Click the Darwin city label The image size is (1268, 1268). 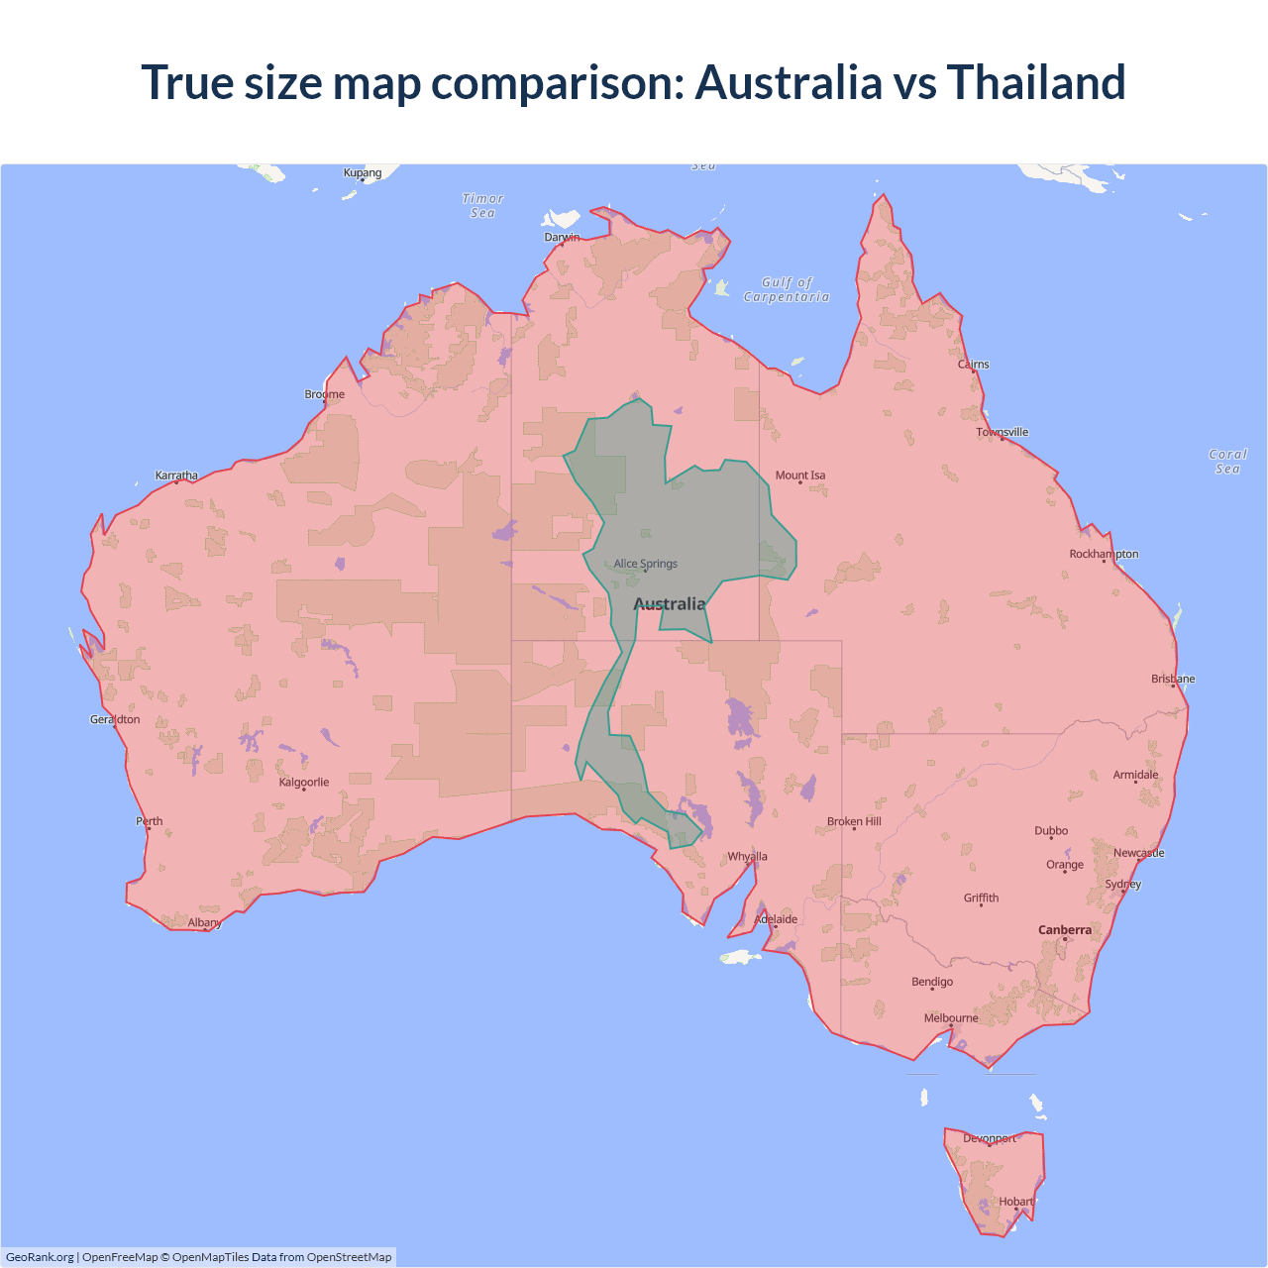[x=562, y=237]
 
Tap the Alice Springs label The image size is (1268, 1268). [x=646, y=564]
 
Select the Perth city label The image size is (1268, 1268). [x=150, y=821]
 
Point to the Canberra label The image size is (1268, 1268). [x=1065, y=930]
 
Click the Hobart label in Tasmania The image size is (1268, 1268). [x=1015, y=1202]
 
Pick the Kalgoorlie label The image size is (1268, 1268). [x=304, y=783]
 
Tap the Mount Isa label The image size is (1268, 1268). [x=800, y=475]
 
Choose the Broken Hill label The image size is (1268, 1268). [x=854, y=821]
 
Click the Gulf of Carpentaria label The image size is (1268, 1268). [x=787, y=289]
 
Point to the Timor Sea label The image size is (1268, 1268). [x=483, y=206]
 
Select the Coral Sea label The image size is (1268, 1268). [x=1227, y=462]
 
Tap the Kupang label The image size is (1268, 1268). [x=363, y=173]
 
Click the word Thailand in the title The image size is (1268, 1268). [x=1036, y=82]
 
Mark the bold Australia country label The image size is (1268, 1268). [x=670, y=604]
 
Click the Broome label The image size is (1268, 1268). [x=325, y=394]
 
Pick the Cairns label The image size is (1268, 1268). [x=974, y=365]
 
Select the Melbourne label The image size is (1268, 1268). [x=951, y=1018]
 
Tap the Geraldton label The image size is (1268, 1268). [x=115, y=719]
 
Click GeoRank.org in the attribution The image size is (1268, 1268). [x=40, y=1257]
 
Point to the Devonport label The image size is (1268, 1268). [x=990, y=1138]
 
